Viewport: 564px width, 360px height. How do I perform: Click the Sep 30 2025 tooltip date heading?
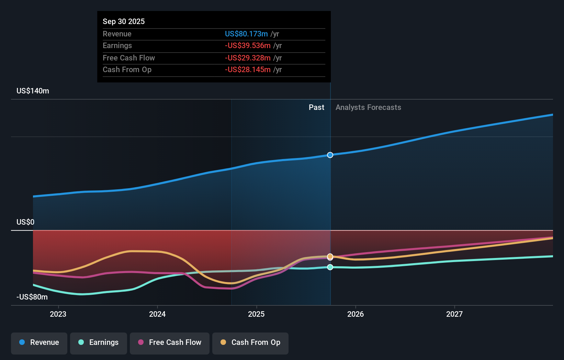pos(124,21)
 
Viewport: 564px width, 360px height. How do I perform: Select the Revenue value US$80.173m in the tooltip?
pos(246,34)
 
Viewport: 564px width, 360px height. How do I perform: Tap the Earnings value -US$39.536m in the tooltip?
pos(248,46)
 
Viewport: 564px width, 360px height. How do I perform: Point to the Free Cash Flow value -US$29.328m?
pos(248,58)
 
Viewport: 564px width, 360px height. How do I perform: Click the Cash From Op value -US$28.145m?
pos(248,70)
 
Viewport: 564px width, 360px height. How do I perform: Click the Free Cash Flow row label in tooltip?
pos(129,58)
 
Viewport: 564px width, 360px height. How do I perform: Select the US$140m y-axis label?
pos(33,91)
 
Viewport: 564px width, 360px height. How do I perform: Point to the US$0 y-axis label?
pos(25,222)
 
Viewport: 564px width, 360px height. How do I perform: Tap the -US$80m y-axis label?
pos(32,297)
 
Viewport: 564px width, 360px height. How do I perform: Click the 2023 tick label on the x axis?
pos(58,314)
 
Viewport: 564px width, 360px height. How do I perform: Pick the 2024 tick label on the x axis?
pos(157,314)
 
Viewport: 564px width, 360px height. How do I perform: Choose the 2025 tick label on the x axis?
pos(256,314)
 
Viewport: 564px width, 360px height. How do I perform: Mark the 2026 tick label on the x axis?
pos(356,314)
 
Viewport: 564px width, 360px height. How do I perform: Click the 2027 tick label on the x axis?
pos(454,314)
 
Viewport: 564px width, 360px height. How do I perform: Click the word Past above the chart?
pos(316,108)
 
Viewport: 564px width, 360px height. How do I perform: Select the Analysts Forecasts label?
pos(368,108)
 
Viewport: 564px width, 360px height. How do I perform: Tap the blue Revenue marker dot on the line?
pos(330,155)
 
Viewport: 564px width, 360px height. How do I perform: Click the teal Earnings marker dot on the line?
pos(330,267)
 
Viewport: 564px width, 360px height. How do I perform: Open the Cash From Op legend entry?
pos(250,342)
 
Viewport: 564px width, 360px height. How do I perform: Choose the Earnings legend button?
pos(99,342)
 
